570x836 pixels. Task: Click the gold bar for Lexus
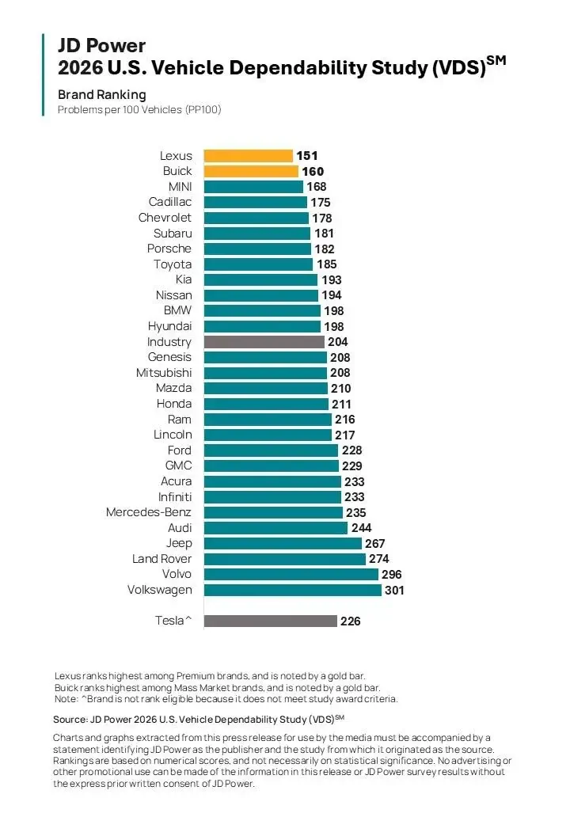point(248,156)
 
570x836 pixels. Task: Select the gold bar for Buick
point(251,171)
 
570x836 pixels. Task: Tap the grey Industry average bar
point(264,342)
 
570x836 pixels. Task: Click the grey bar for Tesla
point(270,621)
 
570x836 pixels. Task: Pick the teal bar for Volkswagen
point(292,590)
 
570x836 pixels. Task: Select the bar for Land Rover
point(285,559)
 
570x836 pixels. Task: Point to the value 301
point(394,590)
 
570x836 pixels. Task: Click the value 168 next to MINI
point(317,187)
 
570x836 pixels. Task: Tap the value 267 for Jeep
point(375,543)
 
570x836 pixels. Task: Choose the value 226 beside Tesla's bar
point(350,621)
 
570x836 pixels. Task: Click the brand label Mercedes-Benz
point(149,512)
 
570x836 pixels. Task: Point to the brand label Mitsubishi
point(164,373)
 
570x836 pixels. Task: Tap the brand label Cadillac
point(170,202)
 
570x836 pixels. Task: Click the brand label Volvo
point(177,574)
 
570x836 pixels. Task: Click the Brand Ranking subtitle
point(101,95)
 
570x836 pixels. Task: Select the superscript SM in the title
point(496,60)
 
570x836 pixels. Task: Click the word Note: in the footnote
point(67,699)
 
